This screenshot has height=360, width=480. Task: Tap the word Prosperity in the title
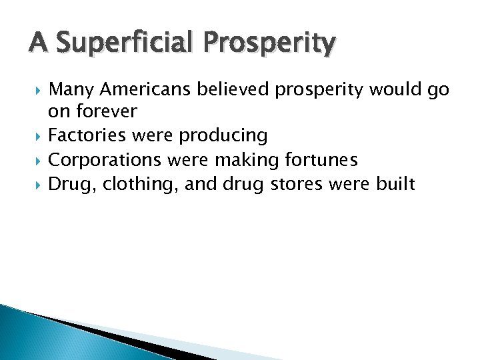269,43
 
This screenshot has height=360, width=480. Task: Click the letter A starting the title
38,43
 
